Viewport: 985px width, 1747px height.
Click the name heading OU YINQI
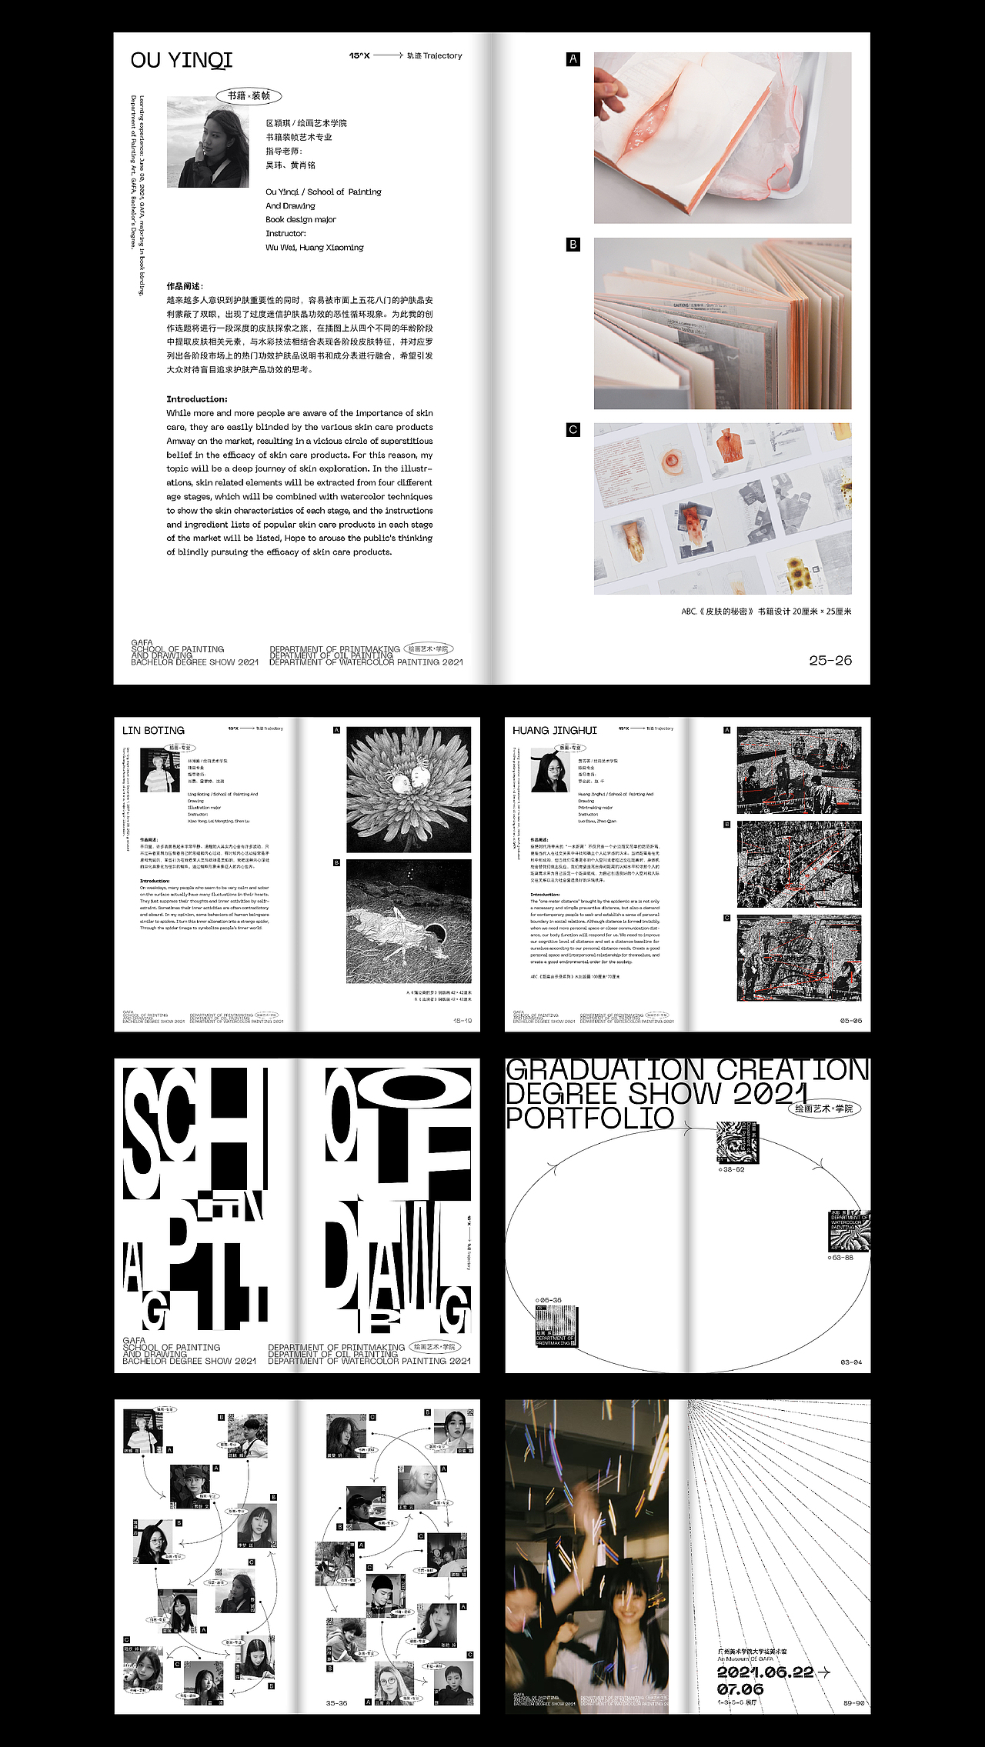(x=181, y=60)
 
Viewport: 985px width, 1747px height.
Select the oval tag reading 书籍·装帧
(x=249, y=96)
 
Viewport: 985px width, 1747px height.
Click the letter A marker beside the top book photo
(x=573, y=59)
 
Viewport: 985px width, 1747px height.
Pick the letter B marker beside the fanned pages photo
(x=573, y=245)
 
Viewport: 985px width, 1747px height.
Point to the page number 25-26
(x=830, y=660)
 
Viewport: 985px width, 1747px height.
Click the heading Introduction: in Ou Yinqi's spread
(x=197, y=399)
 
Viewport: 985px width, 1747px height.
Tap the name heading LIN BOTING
(x=153, y=730)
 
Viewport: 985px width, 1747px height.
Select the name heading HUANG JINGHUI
(x=554, y=730)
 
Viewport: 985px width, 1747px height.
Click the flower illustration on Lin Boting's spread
(x=409, y=789)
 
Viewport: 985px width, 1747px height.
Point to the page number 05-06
(x=851, y=1021)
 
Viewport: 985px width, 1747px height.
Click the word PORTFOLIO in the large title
(x=589, y=1119)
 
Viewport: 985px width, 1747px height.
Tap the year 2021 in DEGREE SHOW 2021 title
(x=770, y=1094)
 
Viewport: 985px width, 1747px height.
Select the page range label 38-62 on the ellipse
(x=732, y=1169)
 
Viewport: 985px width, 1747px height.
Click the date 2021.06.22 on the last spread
(x=766, y=1672)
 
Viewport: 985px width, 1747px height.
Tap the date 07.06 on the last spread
(x=740, y=1689)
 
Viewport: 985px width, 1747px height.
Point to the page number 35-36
(x=336, y=1703)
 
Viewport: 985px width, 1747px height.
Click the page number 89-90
(x=853, y=1703)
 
